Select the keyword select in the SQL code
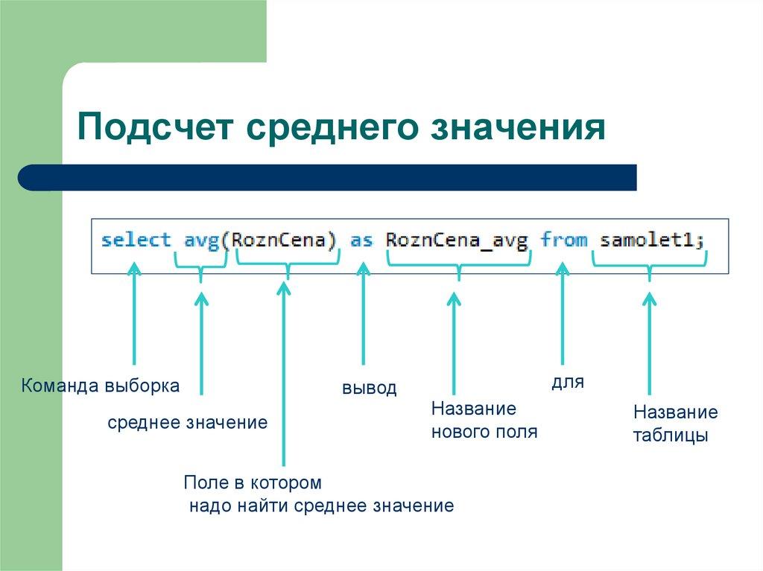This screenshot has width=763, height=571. [136, 240]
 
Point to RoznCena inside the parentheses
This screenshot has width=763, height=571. [283, 240]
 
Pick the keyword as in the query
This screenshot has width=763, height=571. [361, 240]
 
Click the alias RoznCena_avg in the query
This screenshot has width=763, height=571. [457, 240]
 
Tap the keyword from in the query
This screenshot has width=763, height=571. [563, 240]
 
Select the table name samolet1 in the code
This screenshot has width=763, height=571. [649, 240]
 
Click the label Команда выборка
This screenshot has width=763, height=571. [100, 386]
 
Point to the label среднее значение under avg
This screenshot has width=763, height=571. [187, 423]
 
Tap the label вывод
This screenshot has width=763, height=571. [369, 389]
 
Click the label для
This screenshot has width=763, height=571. [567, 383]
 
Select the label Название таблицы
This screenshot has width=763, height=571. [675, 424]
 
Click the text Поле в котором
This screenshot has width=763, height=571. [253, 482]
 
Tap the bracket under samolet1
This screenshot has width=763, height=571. [649, 263]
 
